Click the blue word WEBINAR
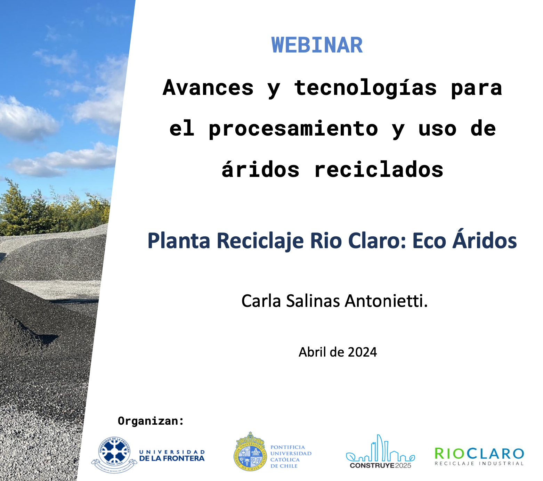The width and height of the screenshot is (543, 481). coord(317,45)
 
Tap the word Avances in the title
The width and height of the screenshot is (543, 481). coord(208,87)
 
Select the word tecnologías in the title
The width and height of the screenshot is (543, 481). coord(365,87)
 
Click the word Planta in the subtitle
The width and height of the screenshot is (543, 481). coord(179,241)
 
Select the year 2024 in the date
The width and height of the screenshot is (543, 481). coord(362,352)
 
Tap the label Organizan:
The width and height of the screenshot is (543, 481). coord(151,421)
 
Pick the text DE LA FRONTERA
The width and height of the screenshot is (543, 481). coord(172,458)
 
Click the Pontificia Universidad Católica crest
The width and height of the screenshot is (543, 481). coord(250,452)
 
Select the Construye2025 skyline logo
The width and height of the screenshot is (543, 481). coord(380,451)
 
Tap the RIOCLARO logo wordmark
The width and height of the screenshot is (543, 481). coord(479,454)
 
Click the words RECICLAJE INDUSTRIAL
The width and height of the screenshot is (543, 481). coord(479,464)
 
